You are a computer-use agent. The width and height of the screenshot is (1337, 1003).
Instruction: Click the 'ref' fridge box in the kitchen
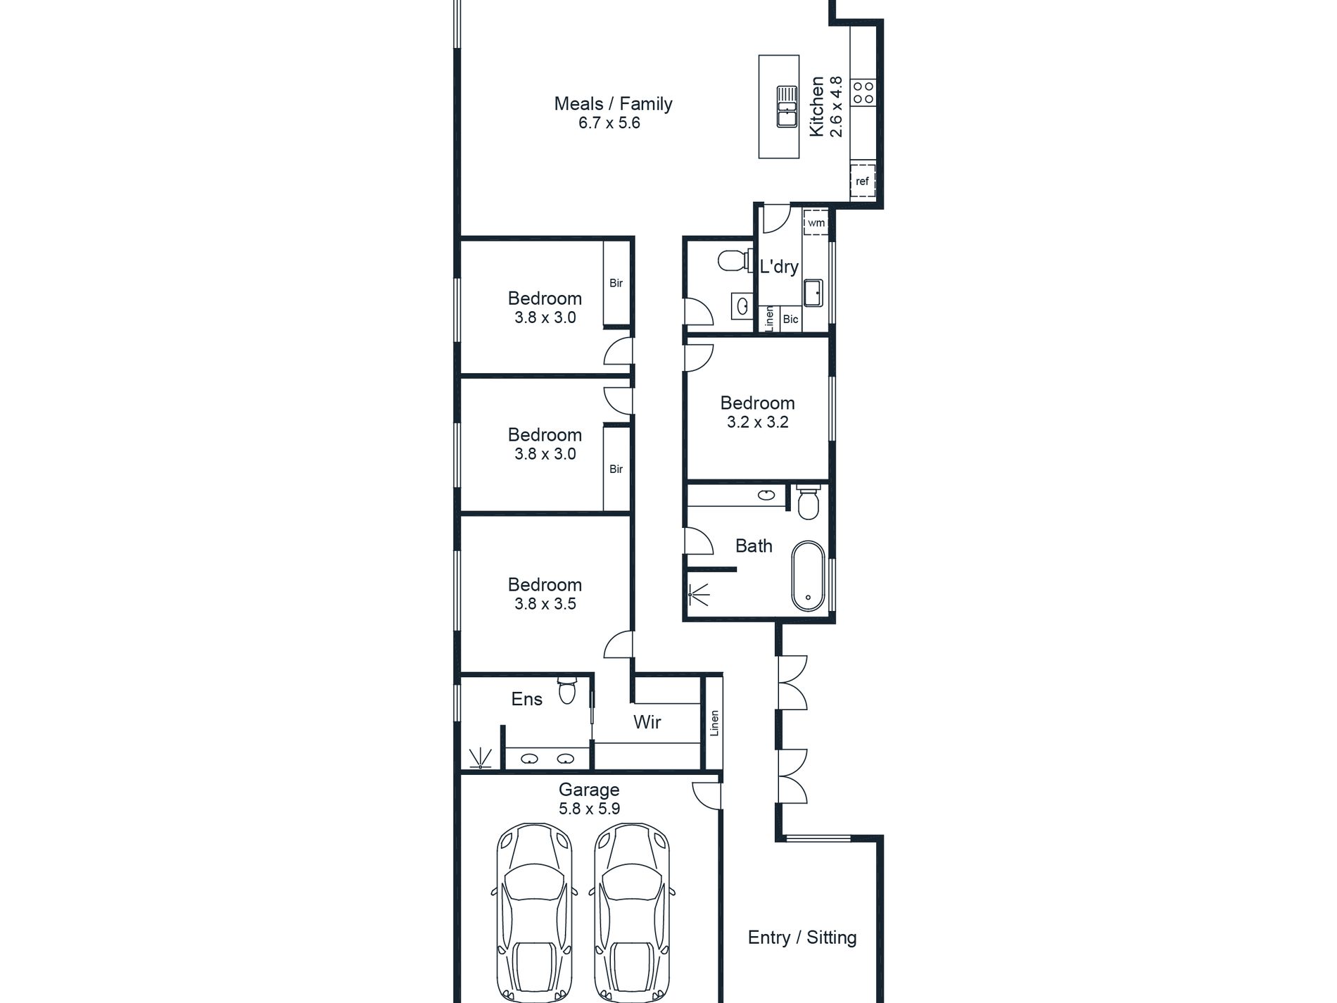pos(863,182)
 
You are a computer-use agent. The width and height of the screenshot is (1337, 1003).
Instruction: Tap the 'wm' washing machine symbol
pos(816,222)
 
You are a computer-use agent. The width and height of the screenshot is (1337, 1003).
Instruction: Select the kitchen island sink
pos(787,106)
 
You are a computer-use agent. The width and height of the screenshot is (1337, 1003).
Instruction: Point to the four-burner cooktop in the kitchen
pos(863,92)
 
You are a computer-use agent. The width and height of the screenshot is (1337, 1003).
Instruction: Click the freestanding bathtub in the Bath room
pos(808,576)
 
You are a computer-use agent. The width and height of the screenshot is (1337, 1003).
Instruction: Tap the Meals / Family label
pos(613,103)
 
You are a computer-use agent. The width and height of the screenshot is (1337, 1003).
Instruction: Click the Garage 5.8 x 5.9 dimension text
pos(590,809)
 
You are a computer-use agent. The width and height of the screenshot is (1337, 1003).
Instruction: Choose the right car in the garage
pos(631,912)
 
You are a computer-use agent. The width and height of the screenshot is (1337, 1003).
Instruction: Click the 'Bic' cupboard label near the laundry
pos(790,319)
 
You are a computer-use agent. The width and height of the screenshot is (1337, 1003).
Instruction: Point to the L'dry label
pos(779,267)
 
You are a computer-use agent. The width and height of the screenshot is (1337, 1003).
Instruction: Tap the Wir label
pos(647,721)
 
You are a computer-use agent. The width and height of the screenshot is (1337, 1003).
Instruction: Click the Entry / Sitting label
pos(802,937)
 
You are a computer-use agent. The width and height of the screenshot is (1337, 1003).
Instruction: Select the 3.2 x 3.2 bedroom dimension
pos(757,422)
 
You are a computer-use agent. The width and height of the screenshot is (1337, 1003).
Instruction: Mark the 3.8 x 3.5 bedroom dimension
pos(545,604)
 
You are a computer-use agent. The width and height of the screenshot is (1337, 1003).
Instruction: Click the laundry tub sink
pos(813,293)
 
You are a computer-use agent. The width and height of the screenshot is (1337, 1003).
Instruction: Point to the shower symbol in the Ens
pos(481,758)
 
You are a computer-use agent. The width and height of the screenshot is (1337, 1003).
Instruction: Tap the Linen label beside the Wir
pos(714,724)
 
